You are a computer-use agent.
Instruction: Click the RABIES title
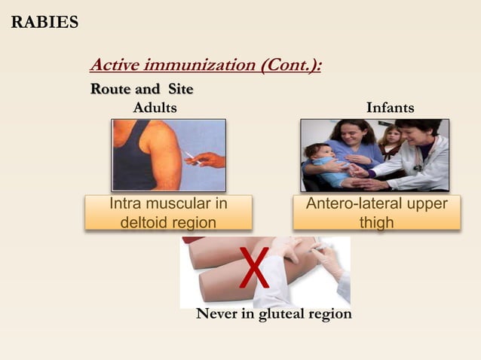click(x=44, y=22)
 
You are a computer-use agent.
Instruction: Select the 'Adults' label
click(x=155, y=108)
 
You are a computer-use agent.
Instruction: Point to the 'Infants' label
click(x=390, y=108)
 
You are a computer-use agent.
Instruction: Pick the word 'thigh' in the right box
click(x=376, y=222)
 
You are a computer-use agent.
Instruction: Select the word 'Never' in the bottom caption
click(x=216, y=314)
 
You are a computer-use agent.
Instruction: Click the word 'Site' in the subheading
click(x=180, y=90)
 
